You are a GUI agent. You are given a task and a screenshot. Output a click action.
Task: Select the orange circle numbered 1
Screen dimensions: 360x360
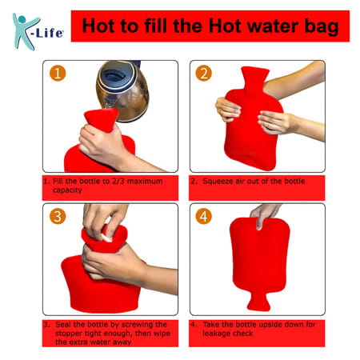click(56, 74)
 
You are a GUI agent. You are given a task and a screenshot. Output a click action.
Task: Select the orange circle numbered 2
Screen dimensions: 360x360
click(202, 74)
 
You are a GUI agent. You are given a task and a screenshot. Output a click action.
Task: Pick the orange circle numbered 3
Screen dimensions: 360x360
click(56, 217)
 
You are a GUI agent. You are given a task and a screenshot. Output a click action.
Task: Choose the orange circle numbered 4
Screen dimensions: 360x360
click(202, 217)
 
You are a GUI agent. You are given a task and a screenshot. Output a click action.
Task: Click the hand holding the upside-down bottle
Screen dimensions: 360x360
click(265, 214)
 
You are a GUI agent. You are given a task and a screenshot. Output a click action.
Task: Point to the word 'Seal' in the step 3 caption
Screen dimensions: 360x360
click(65, 325)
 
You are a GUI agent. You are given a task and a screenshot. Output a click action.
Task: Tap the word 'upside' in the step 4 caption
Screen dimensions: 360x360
click(279, 325)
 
